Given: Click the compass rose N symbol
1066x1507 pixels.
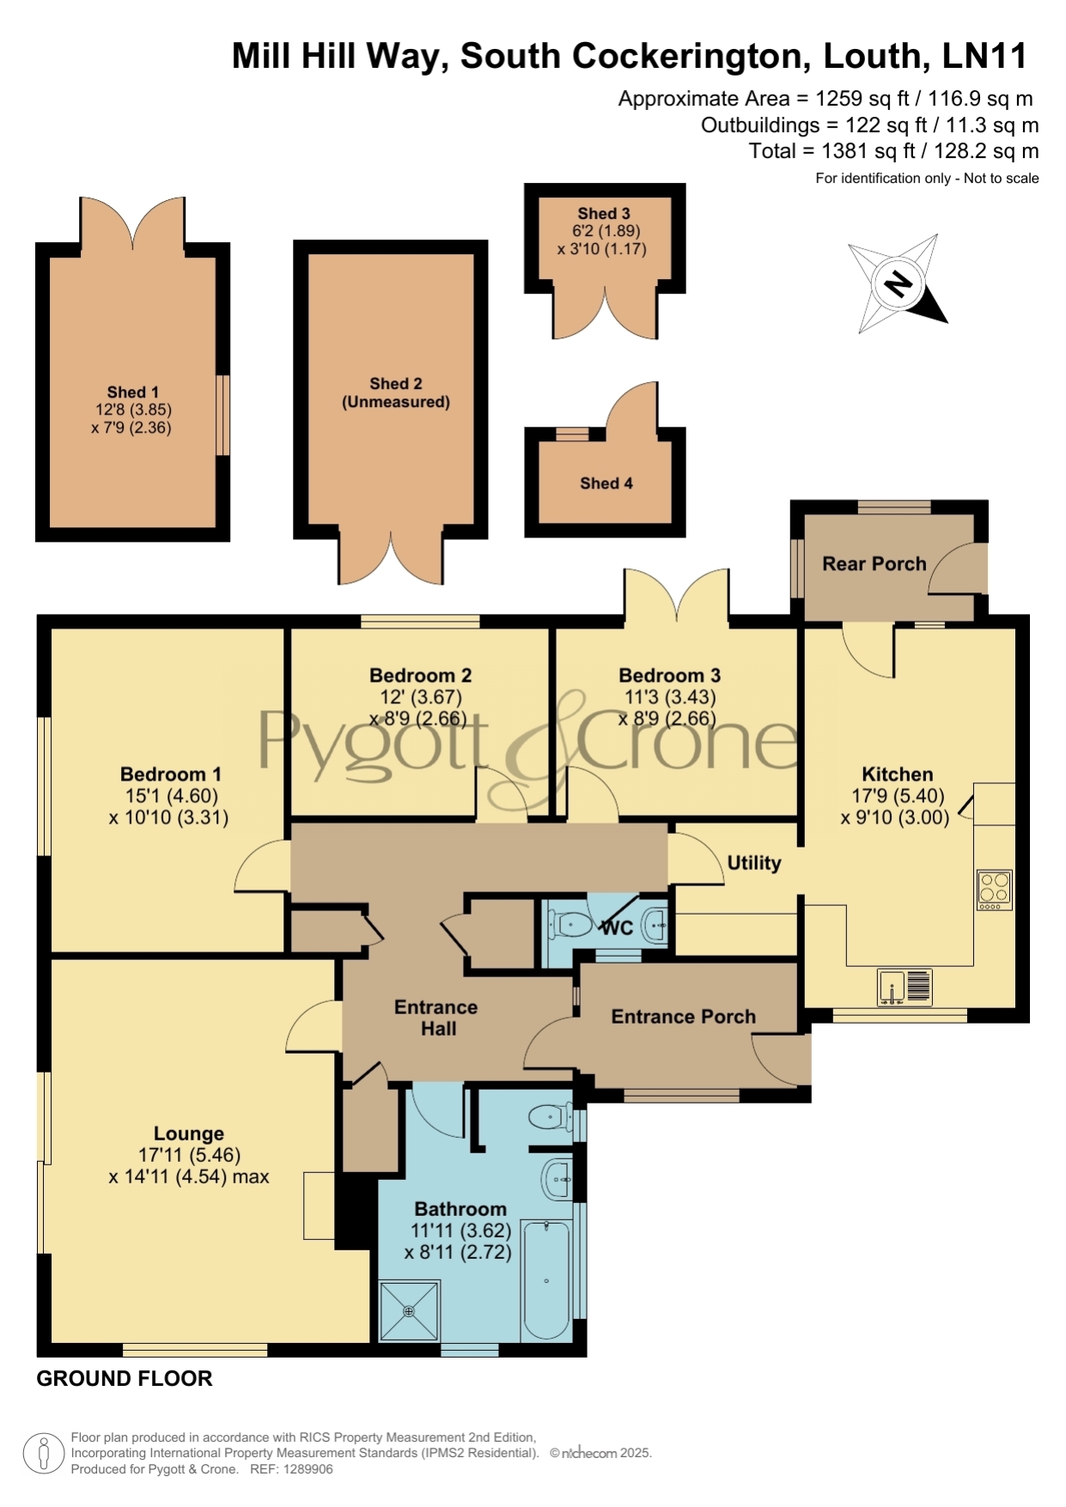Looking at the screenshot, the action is (x=898, y=283).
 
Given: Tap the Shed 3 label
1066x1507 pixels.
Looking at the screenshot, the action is (x=604, y=213).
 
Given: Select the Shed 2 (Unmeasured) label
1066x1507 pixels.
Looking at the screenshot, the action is (x=396, y=392).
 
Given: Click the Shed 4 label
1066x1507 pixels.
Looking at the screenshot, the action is (x=606, y=483).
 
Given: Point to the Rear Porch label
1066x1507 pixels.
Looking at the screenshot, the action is (x=874, y=563).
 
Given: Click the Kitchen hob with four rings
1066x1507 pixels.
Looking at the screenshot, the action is (x=995, y=890).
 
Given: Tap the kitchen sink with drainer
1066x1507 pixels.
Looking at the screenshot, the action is (x=905, y=987).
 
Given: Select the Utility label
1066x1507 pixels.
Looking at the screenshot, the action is (x=754, y=863).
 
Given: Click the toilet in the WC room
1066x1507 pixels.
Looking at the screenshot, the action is (x=570, y=925).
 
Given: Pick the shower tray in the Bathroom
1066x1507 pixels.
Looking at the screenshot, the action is (x=410, y=1310).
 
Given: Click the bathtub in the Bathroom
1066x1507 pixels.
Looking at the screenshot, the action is (x=546, y=1279).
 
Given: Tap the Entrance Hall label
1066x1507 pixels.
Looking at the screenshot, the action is (x=436, y=1018).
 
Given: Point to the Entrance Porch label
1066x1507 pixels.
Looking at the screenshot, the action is (x=684, y=1017).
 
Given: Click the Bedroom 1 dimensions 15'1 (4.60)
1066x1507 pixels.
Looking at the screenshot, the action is (x=169, y=796).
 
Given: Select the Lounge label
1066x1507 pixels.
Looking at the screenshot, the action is (x=189, y=1133).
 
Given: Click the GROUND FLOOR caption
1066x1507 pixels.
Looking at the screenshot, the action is (x=125, y=1378).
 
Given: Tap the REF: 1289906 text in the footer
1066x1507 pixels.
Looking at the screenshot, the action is (x=291, y=1469).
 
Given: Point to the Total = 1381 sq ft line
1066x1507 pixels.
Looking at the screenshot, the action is (x=893, y=151).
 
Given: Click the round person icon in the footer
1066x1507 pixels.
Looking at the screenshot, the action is (x=44, y=1453).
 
